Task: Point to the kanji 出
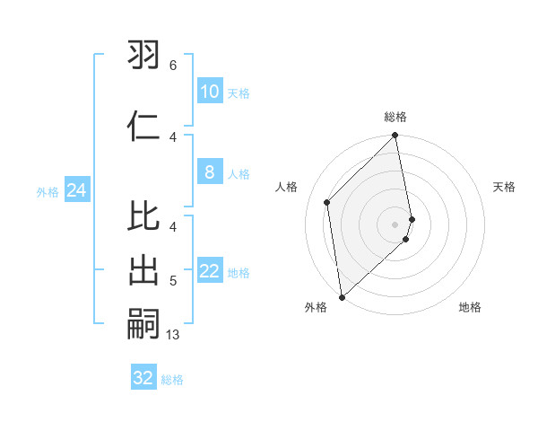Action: [x=144, y=271]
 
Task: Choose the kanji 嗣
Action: [x=144, y=325]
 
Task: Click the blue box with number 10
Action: [x=209, y=91]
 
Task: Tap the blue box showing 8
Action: [x=209, y=172]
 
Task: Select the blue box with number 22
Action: [x=209, y=272]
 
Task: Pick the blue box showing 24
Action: [x=76, y=189]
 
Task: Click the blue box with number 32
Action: [x=143, y=378]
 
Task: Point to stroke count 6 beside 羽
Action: [x=173, y=65]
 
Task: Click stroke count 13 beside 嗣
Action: [x=173, y=335]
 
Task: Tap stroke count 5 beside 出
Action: [x=173, y=281]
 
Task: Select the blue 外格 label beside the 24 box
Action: [x=48, y=191]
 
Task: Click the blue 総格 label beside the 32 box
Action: [x=172, y=380]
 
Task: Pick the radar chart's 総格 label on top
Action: [x=395, y=117]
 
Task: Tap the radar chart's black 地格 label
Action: [x=470, y=307]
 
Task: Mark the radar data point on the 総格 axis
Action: [x=395, y=136]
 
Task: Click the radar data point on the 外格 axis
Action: [x=341, y=296]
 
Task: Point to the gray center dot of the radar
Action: [x=395, y=224]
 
